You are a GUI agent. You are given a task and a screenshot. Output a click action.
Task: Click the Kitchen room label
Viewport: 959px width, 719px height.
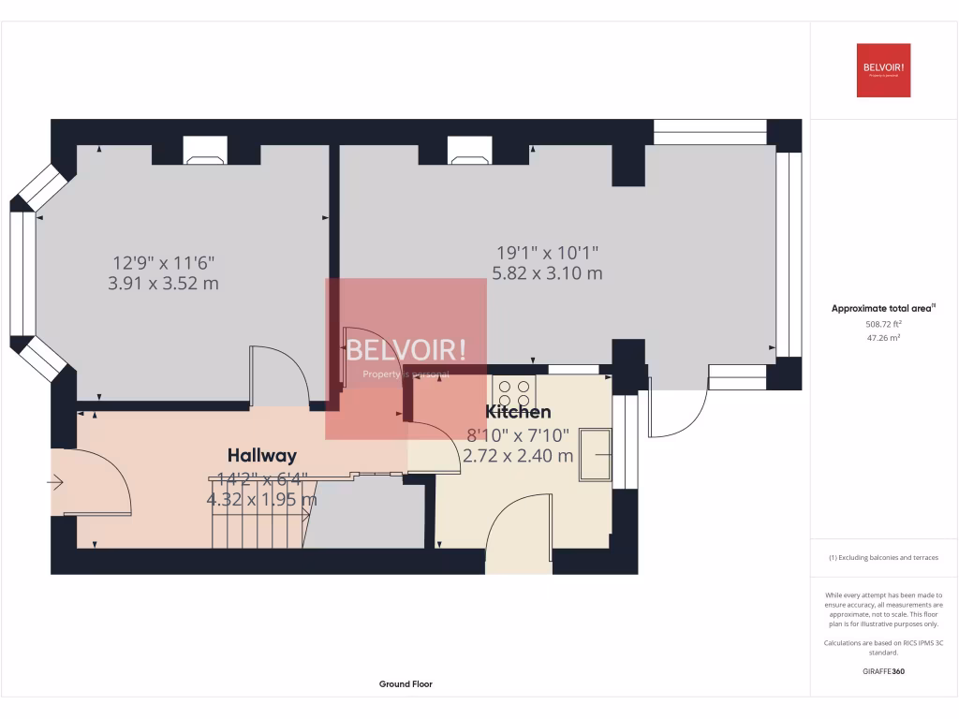tap(518, 412)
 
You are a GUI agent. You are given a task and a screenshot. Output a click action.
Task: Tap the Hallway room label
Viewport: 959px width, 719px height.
tap(262, 456)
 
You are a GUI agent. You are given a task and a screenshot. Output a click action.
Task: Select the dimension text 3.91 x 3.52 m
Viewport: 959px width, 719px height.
tap(164, 283)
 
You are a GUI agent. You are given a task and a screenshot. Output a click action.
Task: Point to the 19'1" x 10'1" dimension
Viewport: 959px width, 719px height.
tap(547, 252)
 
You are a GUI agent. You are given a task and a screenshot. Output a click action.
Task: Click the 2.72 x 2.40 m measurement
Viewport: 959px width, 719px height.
tap(518, 456)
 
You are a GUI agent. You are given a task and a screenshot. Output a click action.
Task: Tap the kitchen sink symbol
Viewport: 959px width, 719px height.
tap(595, 455)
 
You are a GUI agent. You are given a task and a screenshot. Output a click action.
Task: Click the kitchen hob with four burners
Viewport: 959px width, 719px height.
tap(514, 389)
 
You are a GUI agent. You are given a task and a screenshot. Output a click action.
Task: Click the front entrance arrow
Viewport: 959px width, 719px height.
tap(55, 483)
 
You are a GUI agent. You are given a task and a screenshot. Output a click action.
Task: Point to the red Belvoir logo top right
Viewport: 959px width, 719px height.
tap(883, 70)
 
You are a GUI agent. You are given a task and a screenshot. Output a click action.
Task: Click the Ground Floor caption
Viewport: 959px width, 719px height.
tap(406, 684)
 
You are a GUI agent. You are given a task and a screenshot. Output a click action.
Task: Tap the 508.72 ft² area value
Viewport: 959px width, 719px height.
tap(884, 324)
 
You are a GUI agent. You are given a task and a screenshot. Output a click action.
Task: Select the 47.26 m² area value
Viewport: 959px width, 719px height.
tap(884, 338)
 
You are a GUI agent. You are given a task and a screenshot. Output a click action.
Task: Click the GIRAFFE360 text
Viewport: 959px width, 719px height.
tap(884, 671)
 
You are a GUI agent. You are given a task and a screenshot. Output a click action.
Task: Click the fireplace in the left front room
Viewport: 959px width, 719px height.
tap(205, 152)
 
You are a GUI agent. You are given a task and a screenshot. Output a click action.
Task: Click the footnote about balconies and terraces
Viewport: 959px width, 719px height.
tap(883, 558)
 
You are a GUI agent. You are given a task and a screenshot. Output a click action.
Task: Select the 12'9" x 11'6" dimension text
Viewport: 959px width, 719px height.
tap(164, 263)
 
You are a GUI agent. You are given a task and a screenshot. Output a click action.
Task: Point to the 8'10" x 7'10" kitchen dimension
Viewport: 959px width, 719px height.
tap(518, 434)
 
